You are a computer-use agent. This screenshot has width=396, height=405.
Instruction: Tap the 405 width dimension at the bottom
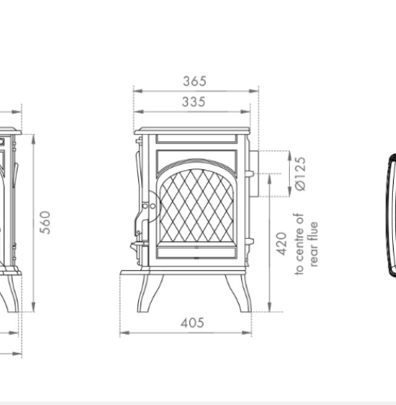(x=193, y=323)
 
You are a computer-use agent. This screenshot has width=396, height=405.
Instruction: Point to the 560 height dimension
(x=46, y=222)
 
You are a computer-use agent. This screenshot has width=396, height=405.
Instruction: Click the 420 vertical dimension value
(x=281, y=243)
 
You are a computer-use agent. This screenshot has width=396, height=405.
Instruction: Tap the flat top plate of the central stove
(x=192, y=130)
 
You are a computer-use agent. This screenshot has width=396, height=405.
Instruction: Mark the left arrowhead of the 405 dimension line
(x=123, y=333)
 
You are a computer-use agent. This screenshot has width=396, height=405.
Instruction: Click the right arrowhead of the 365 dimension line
(x=257, y=91)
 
